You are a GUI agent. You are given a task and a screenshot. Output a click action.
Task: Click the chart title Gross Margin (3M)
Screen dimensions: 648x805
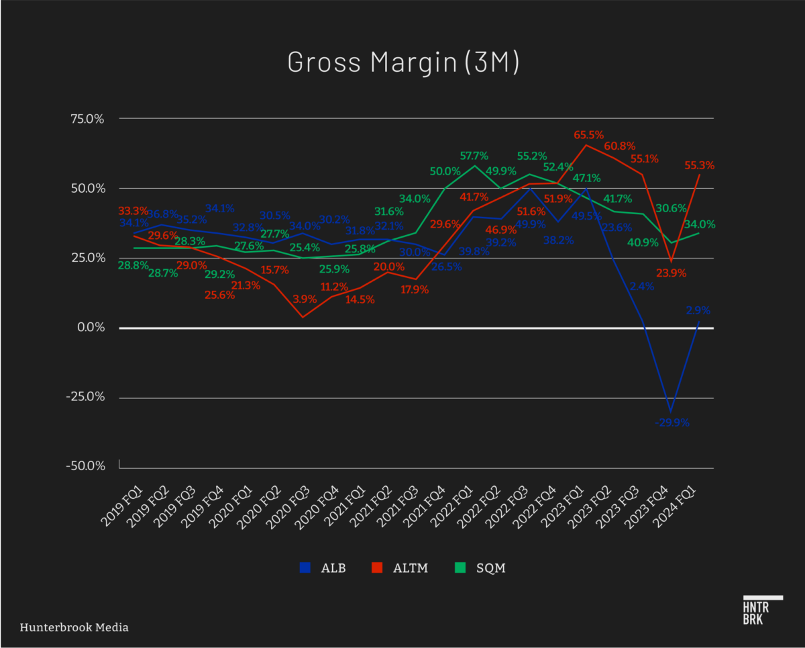click(x=402, y=62)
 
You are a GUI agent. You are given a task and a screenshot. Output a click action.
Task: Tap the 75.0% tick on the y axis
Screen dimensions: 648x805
click(x=87, y=119)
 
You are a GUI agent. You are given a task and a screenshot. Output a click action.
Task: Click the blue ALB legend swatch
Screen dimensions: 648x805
click(x=306, y=567)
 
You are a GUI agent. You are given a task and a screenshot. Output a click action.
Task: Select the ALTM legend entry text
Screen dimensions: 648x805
click(x=409, y=568)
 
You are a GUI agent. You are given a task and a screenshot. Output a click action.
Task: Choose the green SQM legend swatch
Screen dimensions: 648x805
click(x=461, y=567)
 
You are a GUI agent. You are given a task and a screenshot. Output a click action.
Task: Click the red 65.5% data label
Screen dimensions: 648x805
click(x=588, y=135)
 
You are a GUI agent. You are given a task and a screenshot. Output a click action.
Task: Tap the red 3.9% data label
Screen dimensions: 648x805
click(x=303, y=299)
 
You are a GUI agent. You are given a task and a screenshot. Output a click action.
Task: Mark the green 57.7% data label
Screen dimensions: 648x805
click(x=474, y=156)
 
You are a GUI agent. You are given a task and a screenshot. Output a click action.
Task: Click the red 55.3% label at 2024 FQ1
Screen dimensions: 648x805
click(x=700, y=165)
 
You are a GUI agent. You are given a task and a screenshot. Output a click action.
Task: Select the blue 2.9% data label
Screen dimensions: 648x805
click(x=698, y=310)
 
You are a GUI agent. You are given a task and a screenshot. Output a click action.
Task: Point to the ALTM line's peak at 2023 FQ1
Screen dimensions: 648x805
click(x=586, y=145)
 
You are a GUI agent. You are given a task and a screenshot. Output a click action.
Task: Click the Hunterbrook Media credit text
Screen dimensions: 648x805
click(x=74, y=627)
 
